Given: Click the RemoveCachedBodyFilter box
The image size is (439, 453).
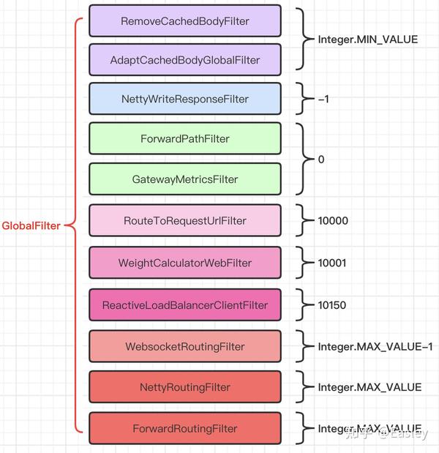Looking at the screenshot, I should [x=184, y=21].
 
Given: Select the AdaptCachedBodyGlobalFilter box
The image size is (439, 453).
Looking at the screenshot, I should [x=184, y=60].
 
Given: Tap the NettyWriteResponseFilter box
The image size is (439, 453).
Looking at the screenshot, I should [x=184, y=99].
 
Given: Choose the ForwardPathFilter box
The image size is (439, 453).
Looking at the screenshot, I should [x=184, y=138].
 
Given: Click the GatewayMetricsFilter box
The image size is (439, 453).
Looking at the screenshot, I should [x=184, y=179].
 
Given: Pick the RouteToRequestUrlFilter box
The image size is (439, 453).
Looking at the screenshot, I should [x=184, y=220].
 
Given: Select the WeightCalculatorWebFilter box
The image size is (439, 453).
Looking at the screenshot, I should [x=184, y=263].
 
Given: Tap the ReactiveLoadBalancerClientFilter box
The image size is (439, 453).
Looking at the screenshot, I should [x=184, y=304].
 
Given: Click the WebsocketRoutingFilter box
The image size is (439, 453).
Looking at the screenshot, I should [x=184, y=346].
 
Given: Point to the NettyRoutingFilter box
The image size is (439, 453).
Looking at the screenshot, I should [x=184, y=387].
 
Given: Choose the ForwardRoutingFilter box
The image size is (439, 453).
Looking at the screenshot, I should [x=184, y=428].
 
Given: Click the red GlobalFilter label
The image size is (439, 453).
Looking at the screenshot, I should [x=31, y=226].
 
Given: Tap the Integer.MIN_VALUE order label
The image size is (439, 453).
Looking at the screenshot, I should [x=367, y=40].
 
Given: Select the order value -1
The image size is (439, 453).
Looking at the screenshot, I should [x=323, y=99].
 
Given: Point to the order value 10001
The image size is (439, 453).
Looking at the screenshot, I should [x=334, y=262].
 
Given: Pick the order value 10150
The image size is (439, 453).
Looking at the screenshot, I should [x=334, y=304].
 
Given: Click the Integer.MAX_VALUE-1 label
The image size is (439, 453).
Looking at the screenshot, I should [x=375, y=346].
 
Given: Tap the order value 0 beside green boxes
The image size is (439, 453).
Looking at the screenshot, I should [x=321, y=159].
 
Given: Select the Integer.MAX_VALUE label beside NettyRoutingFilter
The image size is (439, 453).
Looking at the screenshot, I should [x=369, y=386].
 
